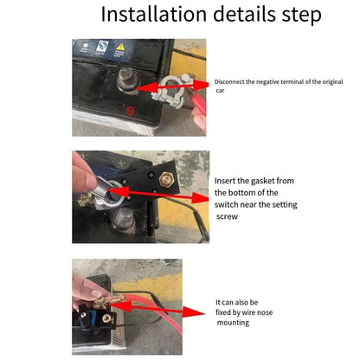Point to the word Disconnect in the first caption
tap(231, 80)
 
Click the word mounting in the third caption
tap(234, 323)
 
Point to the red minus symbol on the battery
tap(129, 112)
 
